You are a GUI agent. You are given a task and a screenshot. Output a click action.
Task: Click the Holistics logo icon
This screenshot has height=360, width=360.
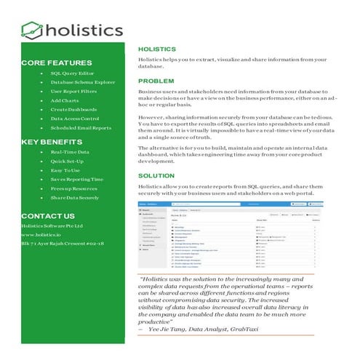coord(31,30)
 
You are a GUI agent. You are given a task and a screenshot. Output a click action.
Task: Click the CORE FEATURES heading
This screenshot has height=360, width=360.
coord(52,63)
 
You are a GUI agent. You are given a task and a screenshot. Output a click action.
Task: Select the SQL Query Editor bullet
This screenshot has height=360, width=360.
coord(71,73)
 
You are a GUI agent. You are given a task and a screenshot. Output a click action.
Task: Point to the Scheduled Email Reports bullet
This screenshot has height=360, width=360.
coord(81,128)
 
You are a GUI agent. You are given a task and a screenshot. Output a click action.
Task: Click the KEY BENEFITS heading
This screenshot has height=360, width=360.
coord(51,141)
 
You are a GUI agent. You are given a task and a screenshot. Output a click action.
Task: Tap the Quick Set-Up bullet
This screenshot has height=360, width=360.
coord(68,162)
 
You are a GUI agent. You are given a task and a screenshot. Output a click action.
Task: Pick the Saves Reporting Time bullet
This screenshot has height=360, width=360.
coord(77,179)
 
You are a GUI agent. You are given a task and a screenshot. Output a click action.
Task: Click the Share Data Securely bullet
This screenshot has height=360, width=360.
coord(75,198)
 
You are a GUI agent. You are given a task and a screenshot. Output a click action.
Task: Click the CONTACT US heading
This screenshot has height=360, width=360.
coord(48,217)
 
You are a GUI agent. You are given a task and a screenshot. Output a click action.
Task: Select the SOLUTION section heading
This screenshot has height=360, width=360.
coord(157,177)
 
